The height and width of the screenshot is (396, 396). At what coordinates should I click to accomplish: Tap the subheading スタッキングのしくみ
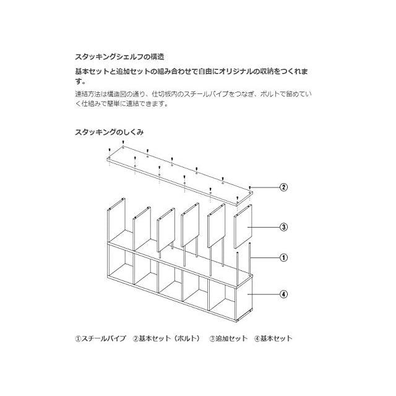[110, 132]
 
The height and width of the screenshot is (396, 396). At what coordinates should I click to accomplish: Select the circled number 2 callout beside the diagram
[283, 187]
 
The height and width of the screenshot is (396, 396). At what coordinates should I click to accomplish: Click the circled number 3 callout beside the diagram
[283, 227]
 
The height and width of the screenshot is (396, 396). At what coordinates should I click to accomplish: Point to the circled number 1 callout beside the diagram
[283, 257]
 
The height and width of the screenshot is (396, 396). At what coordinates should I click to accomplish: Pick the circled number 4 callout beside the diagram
[283, 294]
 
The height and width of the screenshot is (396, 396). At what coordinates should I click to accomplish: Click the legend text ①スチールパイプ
[100, 338]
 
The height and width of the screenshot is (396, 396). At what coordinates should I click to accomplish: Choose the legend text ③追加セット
[228, 338]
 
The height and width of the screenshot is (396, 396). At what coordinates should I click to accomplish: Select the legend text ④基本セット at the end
[273, 338]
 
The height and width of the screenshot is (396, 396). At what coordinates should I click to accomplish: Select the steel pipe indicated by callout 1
[250, 259]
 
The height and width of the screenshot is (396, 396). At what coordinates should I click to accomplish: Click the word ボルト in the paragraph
[264, 93]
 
